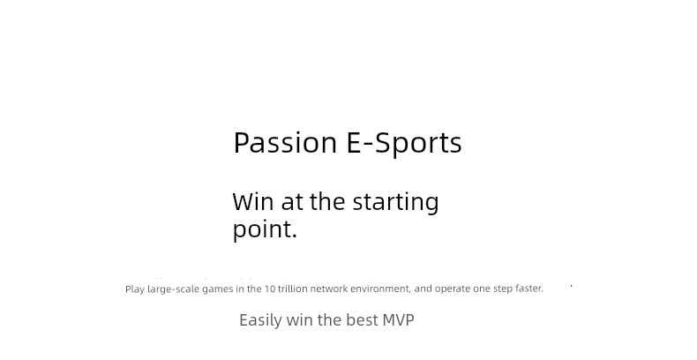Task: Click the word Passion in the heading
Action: [x=285, y=143]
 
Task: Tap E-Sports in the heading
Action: [x=403, y=143]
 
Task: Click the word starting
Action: [x=395, y=203]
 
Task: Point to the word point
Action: [x=265, y=229]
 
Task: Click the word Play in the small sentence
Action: [x=135, y=289]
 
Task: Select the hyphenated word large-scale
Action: [x=174, y=289]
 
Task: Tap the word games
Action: [x=218, y=289]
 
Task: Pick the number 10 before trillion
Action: [x=270, y=289]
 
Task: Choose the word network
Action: [x=328, y=289]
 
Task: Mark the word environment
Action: [x=380, y=289]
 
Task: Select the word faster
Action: [x=529, y=289]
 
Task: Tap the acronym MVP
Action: [x=398, y=320]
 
